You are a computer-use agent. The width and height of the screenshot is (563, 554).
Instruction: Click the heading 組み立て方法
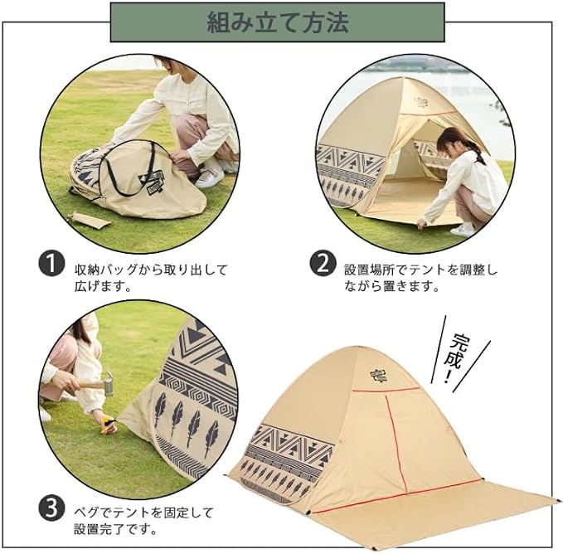(x=277, y=22)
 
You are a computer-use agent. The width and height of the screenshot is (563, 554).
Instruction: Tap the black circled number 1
(x=51, y=265)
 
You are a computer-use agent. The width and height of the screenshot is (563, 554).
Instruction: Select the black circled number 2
(x=323, y=264)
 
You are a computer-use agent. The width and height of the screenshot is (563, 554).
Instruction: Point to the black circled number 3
(x=51, y=508)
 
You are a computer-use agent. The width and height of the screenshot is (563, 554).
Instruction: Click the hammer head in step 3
(x=109, y=383)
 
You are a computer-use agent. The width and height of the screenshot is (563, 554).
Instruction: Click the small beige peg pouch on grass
(x=89, y=220)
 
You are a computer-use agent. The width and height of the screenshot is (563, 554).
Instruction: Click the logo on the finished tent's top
(x=379, y=375)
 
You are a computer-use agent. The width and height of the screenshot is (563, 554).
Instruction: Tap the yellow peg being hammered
(x=108, y=425)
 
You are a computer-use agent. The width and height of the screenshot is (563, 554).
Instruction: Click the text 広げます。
(x=102, y=286)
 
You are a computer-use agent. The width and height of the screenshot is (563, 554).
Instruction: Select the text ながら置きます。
(x=391, y=286)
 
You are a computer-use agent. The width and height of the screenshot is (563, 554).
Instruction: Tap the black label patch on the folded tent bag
(x=152, y=182)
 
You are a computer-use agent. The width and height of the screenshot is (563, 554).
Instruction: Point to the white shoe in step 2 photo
(x=463, y=230)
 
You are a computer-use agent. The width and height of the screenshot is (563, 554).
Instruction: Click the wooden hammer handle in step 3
(x=90, y=385)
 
